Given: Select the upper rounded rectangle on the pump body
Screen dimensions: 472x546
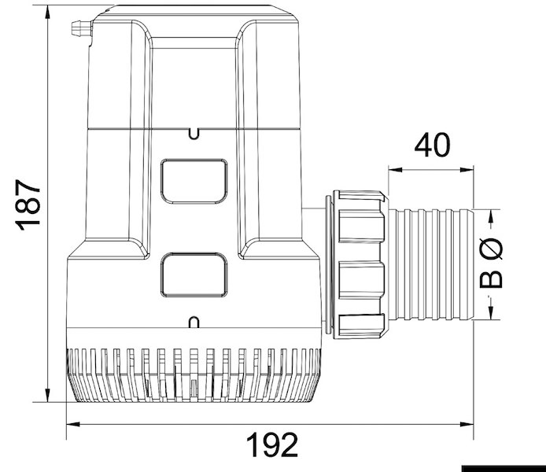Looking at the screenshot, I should pyautogui.click(x=194, y=181).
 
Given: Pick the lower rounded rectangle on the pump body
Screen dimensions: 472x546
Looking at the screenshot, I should pyautogui.click(x=194, y=276).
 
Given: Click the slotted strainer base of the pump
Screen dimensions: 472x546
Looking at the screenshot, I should pyautogui.click(x=194, y=374).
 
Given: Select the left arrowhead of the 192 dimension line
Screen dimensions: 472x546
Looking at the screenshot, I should pyautogui.click(x=71, y=425).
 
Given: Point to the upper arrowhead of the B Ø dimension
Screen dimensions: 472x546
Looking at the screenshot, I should pyautogui.click(x=493, y=214).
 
